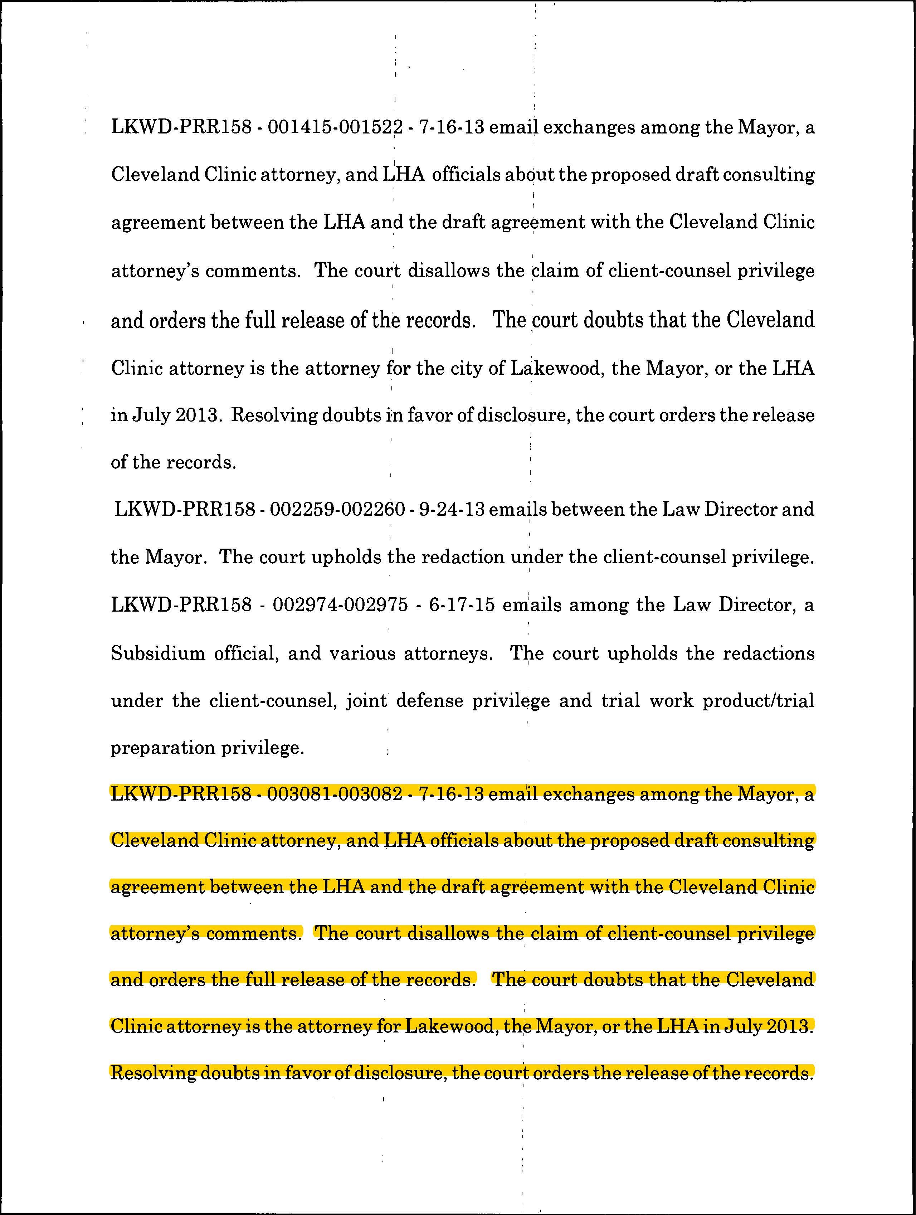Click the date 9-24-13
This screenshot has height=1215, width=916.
(452, 509)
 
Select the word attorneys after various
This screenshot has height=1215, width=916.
(448, 653)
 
